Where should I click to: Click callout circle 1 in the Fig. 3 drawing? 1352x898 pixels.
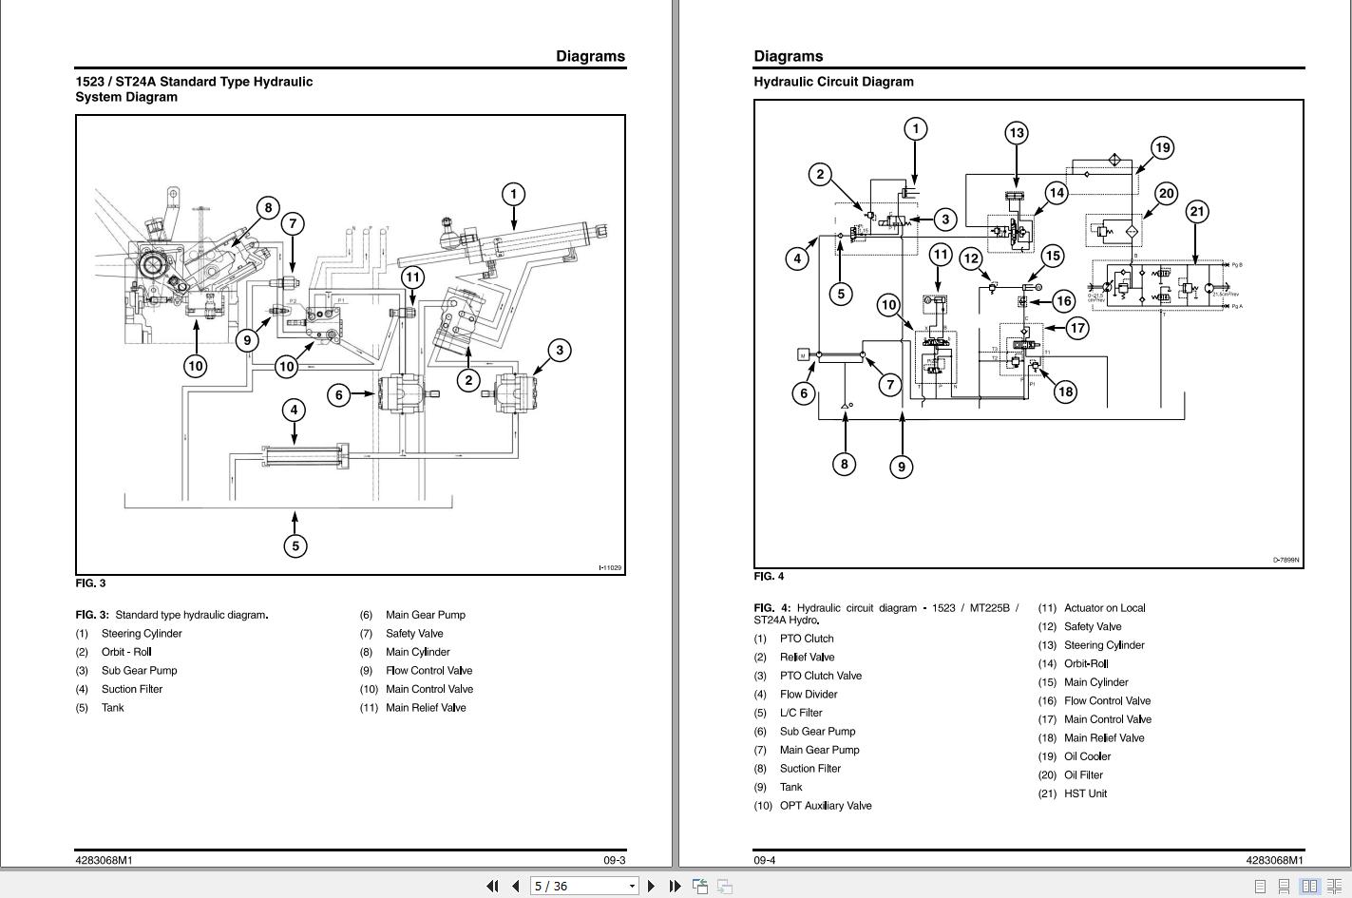(513, 195)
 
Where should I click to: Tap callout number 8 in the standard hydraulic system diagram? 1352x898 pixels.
(268, 208)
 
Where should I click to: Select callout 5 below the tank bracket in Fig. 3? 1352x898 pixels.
(295, 545)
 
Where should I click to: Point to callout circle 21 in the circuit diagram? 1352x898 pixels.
(1197, 212)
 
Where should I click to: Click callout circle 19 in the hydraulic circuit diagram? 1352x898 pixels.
(1162, 147)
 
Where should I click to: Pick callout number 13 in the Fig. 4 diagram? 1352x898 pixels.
(1017, 133)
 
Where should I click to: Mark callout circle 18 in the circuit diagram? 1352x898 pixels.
(1065, 392)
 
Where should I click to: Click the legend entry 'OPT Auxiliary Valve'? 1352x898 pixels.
(825, 806)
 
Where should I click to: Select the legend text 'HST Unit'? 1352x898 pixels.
(1085, 793)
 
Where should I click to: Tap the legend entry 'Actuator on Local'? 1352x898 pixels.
(1104, 608)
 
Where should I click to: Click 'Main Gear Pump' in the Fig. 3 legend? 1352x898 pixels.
(425, 615)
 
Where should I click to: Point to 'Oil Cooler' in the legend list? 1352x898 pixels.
(1087, 756)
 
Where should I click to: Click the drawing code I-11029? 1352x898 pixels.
(610, 568)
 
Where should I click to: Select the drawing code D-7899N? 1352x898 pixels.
(1285, 561)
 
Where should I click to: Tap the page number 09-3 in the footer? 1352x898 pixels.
(614, 860)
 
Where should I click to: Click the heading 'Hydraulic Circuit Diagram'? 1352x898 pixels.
(833, 82)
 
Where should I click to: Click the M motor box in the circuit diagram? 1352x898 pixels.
(804, 355)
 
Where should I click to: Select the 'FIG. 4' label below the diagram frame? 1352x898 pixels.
(769, 576)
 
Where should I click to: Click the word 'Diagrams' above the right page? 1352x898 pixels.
(788, 56)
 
